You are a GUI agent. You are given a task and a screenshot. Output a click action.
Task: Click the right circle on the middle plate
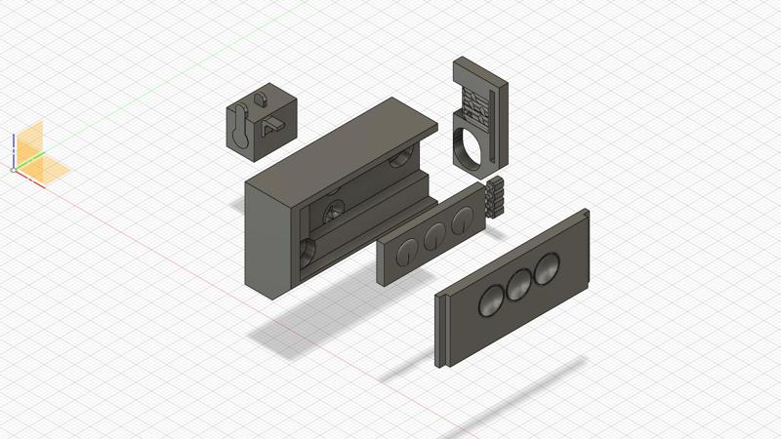click(458, 219)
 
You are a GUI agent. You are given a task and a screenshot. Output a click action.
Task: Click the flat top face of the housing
click(342, 141)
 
